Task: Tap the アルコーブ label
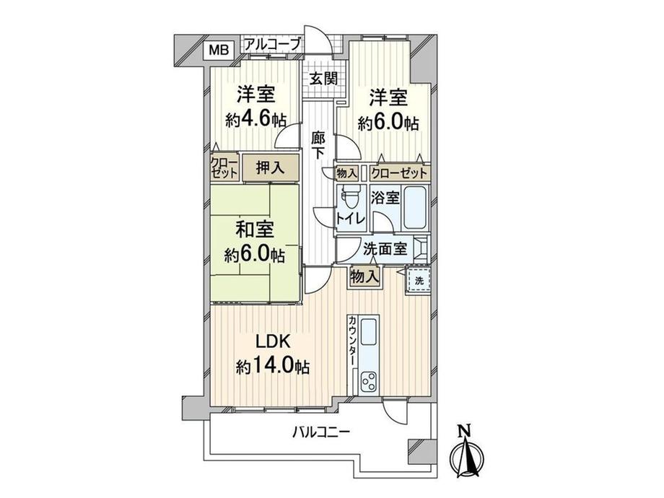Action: click(x=272, y=45)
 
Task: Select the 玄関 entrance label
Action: click(x=323, y=79)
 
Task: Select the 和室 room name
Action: click(x=253, y=231)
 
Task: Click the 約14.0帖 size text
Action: click(x=272, y=367)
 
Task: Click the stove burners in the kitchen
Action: click(x=369, y=380)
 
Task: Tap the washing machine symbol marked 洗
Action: click(x=419, y=280)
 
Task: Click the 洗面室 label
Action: click(x=384, y=249)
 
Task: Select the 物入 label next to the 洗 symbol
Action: click(x=364, y=276)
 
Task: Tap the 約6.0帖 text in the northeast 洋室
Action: click(x=388, y=122)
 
